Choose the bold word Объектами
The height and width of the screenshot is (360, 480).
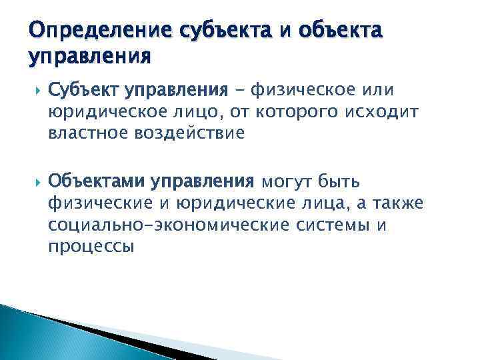click(x=96, y=181)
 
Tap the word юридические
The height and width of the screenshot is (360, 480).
click(x=231, y=203)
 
